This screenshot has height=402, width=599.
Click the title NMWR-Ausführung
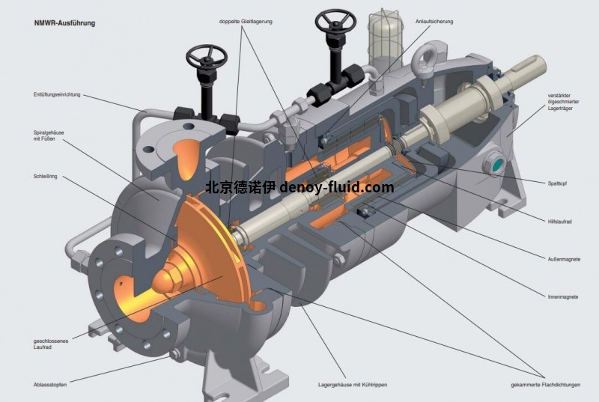pyautogui.click(x=64, y=23)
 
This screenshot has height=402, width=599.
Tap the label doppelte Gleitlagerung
pyautogui.click(x=246, y=22)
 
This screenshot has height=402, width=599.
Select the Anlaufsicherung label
pyautogui.click(x=434, y=22)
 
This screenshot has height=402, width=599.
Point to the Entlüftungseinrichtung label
pyautogui.click(x=57, y=94)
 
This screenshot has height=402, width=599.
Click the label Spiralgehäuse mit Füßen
pyautogui.click(x=49, y=135)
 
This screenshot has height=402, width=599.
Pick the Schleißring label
pyautogui.click(x=45, y=177)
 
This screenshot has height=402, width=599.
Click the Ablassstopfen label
pyautogui.click(x=50, y=385)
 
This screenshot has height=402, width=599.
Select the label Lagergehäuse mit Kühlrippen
pyautogui.click(x=353, y=385)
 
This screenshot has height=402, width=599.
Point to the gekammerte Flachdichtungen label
pyautogui.click(x=546, y=385)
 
